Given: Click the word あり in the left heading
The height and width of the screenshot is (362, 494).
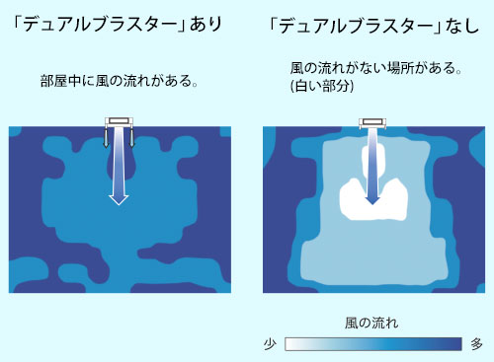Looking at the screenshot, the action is pos(206,24).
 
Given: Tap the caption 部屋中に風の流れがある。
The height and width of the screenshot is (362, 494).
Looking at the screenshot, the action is pos(120,81).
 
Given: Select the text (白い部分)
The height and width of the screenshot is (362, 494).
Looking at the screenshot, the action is pos(322,86).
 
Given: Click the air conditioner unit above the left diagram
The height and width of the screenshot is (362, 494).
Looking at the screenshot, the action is pos(119,122).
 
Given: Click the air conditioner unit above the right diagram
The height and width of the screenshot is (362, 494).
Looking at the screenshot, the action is pos(372,123).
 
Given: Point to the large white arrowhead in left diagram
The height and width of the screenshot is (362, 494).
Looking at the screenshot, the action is pos(119,199).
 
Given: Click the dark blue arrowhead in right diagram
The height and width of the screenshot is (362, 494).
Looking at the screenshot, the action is pos(372,200).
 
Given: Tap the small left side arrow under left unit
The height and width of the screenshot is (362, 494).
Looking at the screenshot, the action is pos(106,137).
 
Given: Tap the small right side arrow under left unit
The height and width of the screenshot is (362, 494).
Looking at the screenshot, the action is pos(131,137).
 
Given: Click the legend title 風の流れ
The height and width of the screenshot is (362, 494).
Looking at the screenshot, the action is pos(371,323).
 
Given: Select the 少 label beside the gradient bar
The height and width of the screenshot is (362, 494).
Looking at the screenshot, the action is pos(270,344).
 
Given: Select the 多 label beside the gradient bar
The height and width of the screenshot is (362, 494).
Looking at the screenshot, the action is pos(476,344).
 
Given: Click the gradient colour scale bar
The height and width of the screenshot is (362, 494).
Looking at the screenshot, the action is pos(373,344).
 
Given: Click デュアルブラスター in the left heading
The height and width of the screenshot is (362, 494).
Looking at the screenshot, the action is pos(100,25).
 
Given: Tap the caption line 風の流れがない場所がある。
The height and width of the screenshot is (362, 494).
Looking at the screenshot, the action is pos(375,68).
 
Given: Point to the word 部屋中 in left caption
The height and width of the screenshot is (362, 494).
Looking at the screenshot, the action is pos(60,81).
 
